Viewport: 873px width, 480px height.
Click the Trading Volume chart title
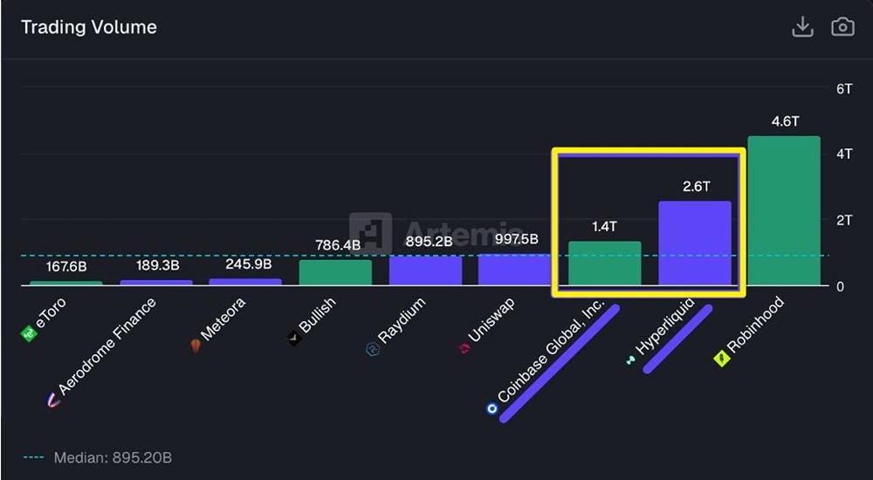pyautogui.click(x=88, y=27)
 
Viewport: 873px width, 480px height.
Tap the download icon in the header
pyautogui.click(x=802, y=27)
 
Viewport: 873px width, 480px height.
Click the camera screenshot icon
pyautogui.click(x=842, y=27)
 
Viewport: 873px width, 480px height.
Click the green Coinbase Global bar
pyautogui.click(x=604, y=264)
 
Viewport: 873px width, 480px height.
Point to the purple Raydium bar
pyautogui.click(x=425, y=271)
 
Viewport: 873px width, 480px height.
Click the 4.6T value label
pyautogui.click(x=785, y=121)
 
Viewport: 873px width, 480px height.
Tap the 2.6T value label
pyautogui.click(x=696, y=186)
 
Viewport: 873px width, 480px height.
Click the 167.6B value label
pyautogui.click(x=65, y=266)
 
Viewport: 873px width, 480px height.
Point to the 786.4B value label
pyautogui.click(x=338, y=245)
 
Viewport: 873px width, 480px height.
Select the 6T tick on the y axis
pyautogui.click(x=844, y=89)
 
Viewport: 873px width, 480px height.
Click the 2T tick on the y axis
pyautogui.click(x=844, y=220)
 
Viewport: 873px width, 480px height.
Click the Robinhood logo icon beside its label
pyautogui.click(x=721, y=359)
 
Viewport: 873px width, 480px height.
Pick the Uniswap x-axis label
pyautogui.click(x=491, y=320)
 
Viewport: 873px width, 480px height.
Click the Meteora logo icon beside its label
pyautogui.click(x=196, y=346)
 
